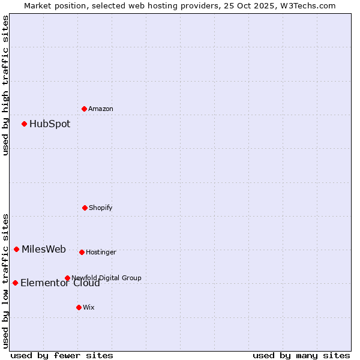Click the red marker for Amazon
pos(84,109)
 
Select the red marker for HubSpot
pos(24,124)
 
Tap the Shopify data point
pos(85,208)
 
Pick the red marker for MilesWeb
pos(16,249)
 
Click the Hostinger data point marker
pos(82,252)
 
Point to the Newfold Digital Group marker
pos(67,278)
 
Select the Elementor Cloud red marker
pos(15,283)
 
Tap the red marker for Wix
pos(79,307)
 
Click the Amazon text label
pos(101,109)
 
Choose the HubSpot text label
pos(50,124)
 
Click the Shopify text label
pos(101,208)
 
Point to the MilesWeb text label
pos(44,250)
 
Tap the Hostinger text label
pos(101,252)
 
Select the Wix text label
pos(89,307)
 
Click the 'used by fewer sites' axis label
pos(62,355)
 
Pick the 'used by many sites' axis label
pos(301,355)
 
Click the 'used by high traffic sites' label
pos(5,85)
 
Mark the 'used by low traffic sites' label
pos(5,281)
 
